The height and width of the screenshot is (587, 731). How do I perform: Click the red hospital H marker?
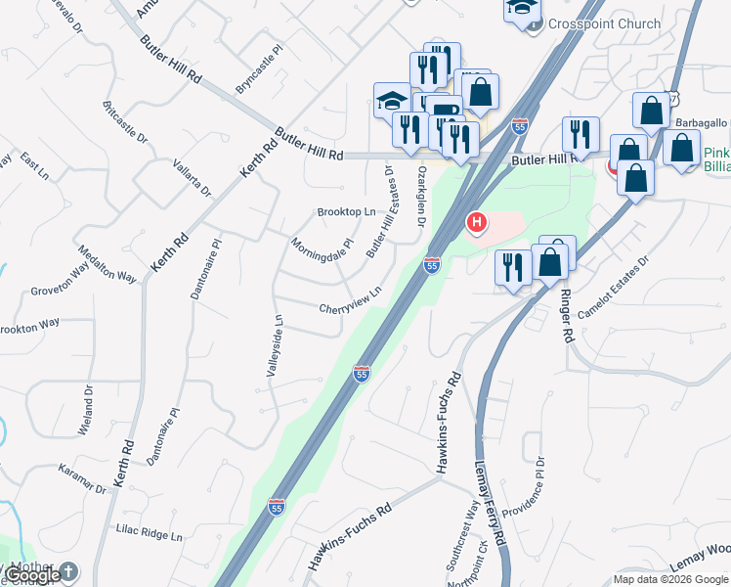click(x=477, y=223)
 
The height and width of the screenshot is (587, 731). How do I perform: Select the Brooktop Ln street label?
click(x=346, y=212)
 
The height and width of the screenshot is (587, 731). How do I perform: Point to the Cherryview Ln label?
click(x=349, y=302)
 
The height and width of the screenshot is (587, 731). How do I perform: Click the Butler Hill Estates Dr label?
click(x=379, y=211)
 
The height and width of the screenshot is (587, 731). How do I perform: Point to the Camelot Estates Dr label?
click(x=614, y=290)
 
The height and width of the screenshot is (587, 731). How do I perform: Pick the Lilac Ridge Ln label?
click(x=150, y=535)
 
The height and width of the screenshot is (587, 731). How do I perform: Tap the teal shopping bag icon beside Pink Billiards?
click(x=682, y=149)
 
